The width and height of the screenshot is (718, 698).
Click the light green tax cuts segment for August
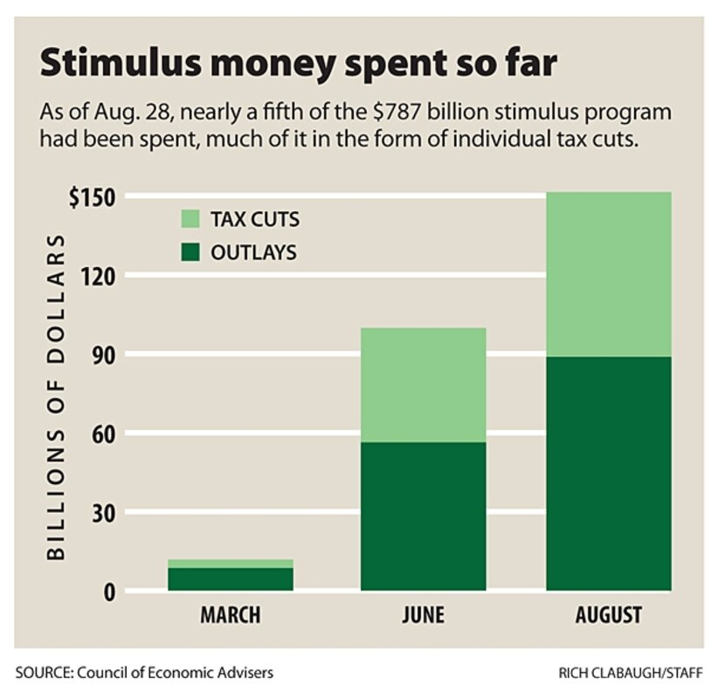click(x=609, y=274)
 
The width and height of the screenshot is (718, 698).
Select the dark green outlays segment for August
click(x=609, y=473)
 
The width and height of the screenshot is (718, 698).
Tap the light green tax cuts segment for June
click(x=423, y=385)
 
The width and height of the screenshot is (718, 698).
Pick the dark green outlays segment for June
click(x=423, y=517)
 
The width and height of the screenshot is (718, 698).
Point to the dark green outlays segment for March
click(x=231, y=579)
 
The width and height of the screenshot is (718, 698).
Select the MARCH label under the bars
click(x=231, y=614)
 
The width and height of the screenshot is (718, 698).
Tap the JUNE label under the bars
click(x=423, y=614)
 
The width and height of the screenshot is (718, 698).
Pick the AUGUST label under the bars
click(x=609, y=614)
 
